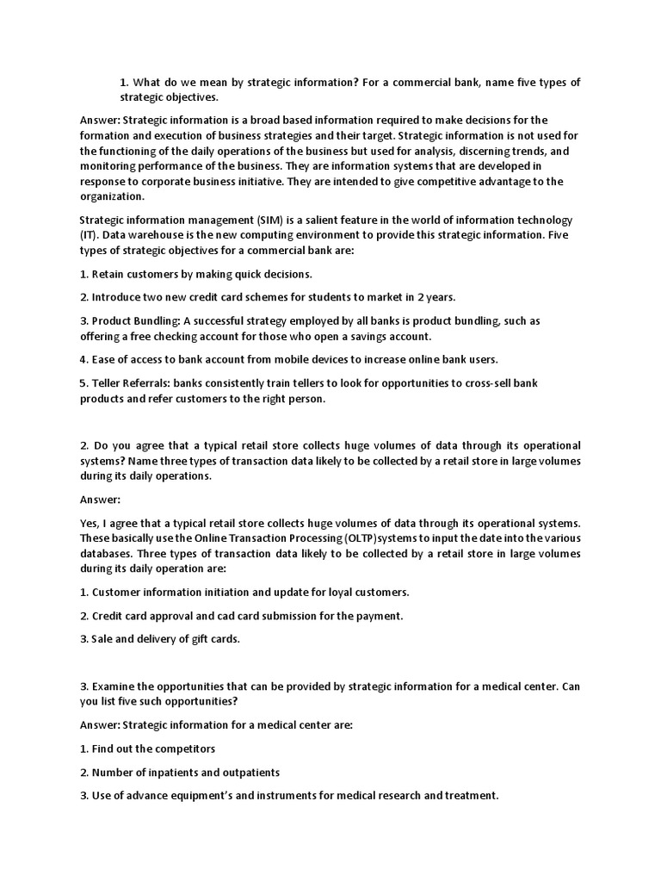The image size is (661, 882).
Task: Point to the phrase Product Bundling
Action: click(x=137, y=320)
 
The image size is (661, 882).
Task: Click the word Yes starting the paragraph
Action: click(x=90, y=523)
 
